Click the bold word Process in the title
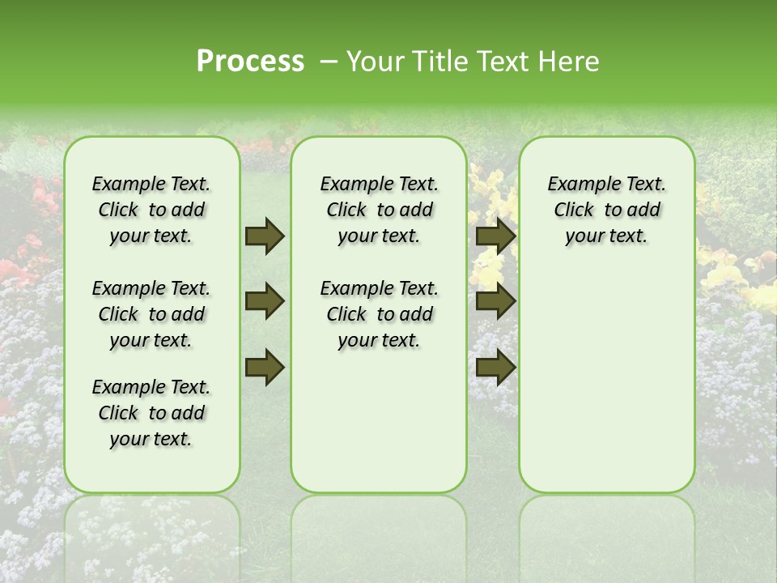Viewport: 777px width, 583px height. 250,62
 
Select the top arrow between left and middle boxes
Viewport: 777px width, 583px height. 265,236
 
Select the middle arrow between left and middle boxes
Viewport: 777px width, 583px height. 265,302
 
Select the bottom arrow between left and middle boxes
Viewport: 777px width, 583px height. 265,368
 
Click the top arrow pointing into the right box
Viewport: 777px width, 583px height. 495,236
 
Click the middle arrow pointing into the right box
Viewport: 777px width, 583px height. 495,302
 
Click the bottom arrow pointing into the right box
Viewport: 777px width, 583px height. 495,368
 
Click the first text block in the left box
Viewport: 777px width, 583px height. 151,210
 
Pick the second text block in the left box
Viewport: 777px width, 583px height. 151,314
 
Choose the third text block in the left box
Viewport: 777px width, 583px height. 151,413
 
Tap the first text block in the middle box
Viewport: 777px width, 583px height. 379,210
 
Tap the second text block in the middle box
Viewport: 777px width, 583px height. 379,314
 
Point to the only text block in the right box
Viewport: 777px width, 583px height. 606,210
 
